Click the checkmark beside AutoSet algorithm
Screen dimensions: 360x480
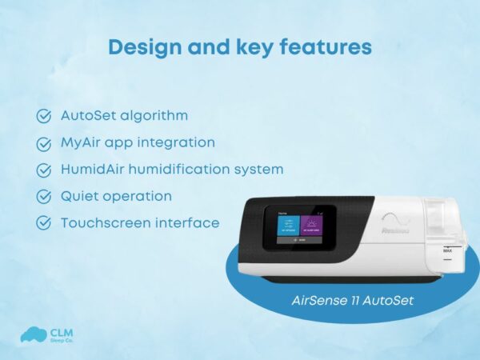pos(44,116)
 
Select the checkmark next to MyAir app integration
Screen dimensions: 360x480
pos(44,143)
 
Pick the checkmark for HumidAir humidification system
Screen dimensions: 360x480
pos(44,170)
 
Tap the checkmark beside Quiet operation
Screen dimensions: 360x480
pos(44,197)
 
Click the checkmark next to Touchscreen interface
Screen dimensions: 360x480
pos(44,224)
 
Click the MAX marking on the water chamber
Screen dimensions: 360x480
pos(448,250)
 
